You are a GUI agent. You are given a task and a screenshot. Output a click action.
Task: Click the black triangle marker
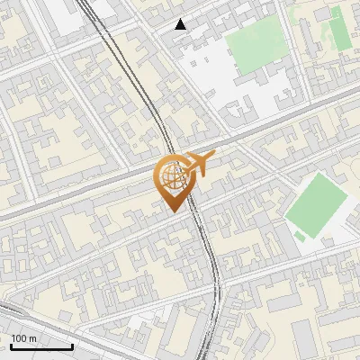(181, 24)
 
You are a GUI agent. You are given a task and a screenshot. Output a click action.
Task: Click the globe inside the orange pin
(172, 175)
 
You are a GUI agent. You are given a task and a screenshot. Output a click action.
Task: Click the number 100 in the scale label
(19, 338)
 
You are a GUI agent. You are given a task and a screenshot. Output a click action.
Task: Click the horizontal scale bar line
(40, 346)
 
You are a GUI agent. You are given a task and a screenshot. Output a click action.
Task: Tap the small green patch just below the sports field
(300, 236)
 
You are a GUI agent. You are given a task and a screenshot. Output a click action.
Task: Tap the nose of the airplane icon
(214, 154)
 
